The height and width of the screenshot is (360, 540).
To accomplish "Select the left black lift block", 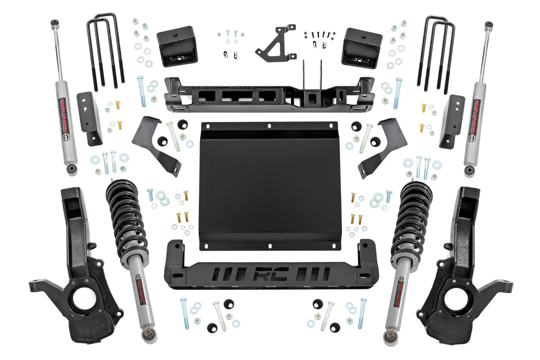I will click(177, 46).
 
